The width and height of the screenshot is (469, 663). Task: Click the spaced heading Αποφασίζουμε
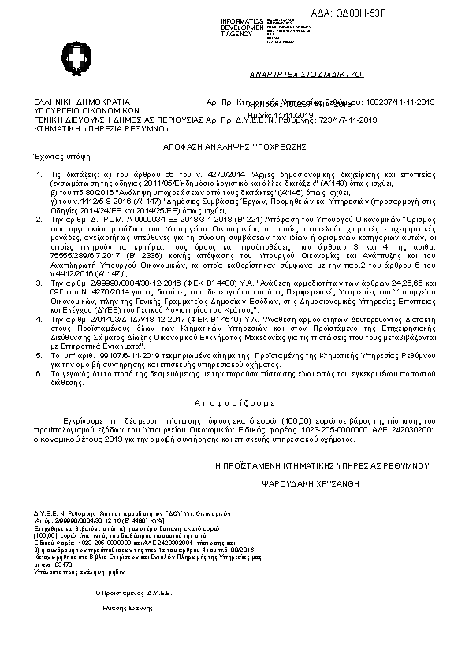pos(234,398)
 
